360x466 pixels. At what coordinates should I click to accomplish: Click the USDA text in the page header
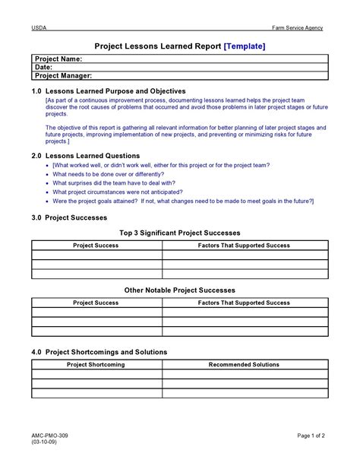(x=38, y=28)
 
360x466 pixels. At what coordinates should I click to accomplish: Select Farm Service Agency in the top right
(x=298, y=28)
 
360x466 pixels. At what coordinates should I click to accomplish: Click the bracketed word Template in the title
(x=245, y=46)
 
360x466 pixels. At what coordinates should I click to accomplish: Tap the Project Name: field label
(x=59, y=59)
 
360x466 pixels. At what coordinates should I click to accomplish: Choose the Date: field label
(x=44, y=67)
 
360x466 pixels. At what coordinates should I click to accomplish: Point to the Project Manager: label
(x=64, y=76)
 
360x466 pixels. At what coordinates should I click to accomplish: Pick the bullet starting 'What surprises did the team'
(x=114, y=183)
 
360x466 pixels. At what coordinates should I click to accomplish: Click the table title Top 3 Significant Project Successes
(x=180, y=233)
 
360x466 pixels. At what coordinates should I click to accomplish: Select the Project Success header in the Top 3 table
(x=96, y=246)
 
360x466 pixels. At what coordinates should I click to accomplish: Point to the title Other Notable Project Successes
(x=180, y=290)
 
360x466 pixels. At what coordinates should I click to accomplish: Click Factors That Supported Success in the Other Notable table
(x=244, y=303)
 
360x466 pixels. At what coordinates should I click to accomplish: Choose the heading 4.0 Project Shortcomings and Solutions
(x=99, y=352)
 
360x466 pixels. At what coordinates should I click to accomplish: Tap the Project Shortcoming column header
(x=96, y=365)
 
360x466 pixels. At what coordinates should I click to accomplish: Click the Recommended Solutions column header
(x=244, y=365)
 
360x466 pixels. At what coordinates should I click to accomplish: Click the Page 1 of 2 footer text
(x=311, y=435)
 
